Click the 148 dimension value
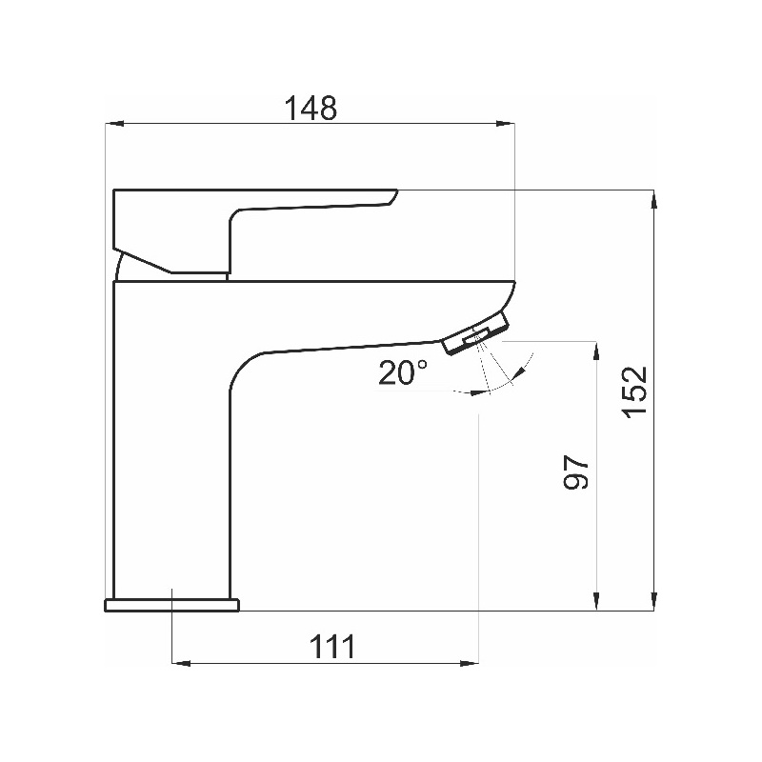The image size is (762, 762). tap(311, 108)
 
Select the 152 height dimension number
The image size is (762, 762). tap(634, 391)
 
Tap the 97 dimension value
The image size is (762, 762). tap(575, 471)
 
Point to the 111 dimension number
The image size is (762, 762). tap(332, 646)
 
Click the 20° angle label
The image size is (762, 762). tap(403, 372)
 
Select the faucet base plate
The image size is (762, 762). tap(172, 605)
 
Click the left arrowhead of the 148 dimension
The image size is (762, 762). tap(114, 124)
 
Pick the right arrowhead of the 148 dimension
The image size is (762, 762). tap(506, 124)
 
